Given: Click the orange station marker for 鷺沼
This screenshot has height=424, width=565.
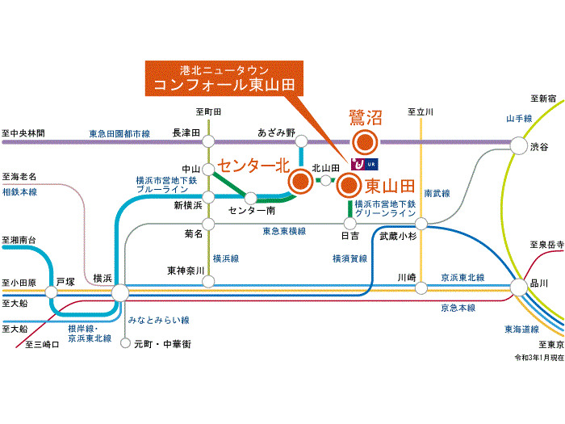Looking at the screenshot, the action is tap(365, 141).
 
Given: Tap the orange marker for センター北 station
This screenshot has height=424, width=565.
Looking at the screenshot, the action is tap(300, 181).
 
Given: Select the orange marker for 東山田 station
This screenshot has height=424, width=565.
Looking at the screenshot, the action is tap(349, 185).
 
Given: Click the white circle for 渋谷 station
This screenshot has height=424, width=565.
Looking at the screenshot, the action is tap(519, 145).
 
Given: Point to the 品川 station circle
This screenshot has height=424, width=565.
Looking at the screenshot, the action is tap(519, 288).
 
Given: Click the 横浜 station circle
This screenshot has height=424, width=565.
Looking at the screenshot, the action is tap(120, 292).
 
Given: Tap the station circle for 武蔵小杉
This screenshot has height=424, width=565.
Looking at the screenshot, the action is tap(421, 224).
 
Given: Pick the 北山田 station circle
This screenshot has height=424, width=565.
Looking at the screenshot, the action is tap(325, 180).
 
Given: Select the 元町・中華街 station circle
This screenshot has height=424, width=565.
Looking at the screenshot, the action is tap(125, 343).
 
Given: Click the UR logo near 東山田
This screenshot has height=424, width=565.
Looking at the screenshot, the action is tap(365, 165).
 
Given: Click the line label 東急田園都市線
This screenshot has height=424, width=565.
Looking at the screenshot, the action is tap(119, 134).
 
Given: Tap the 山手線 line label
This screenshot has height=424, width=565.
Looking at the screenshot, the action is tap(519, 118).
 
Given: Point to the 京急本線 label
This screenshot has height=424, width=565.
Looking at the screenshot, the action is tap(458, 308).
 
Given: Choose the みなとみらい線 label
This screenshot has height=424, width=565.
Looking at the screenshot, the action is tap(158, 320).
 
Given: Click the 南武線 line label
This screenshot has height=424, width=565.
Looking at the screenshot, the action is tap(437, 193).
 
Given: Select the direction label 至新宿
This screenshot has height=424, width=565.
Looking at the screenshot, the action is tap(543, 98).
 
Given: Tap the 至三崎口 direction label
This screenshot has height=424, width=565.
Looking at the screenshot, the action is tap(42, 344).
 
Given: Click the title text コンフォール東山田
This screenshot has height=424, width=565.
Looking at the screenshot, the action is tap(224, 85).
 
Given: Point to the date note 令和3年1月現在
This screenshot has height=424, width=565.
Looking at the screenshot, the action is tap(539, 357).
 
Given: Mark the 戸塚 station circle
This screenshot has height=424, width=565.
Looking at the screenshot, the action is tap(51, 292).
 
